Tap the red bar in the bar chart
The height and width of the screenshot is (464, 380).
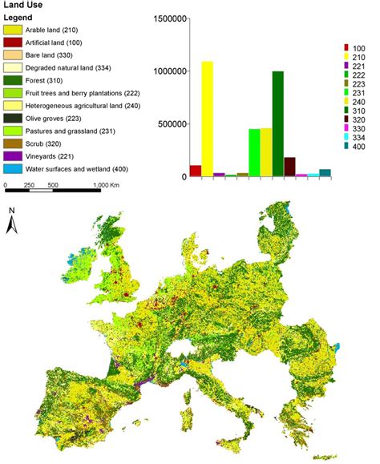(195, 171)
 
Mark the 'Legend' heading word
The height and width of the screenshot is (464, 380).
(19, 18)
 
